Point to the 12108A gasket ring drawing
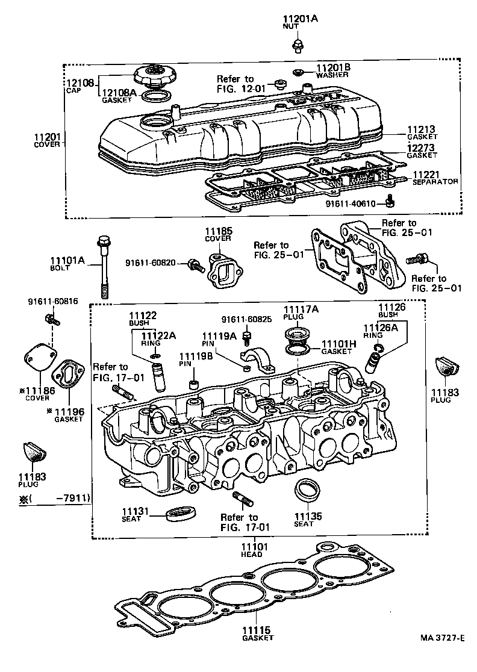pos(158,95)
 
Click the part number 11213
pos(421,129)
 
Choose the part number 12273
pos(421,147)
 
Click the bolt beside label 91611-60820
pos(195,263)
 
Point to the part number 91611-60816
pos(52,301)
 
